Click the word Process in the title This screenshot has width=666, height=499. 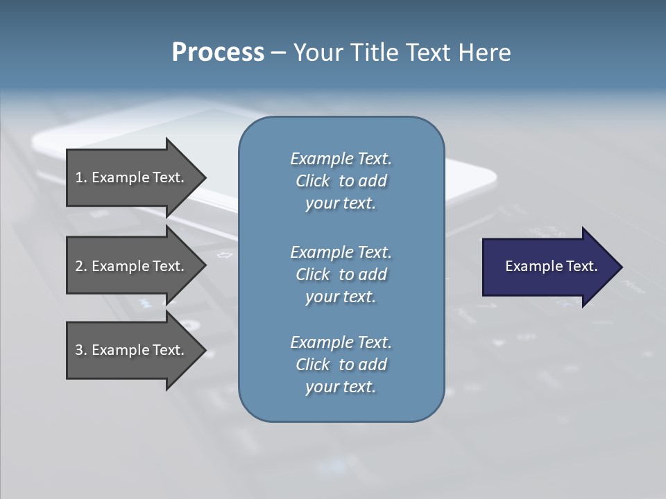pyautogui.click(x=218, y=53)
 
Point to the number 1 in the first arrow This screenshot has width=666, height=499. pyautogui.click(x=79, y=177)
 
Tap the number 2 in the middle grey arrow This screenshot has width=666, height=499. pyautogui.click(x=79, y=266)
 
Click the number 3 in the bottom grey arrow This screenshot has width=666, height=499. pyautogui.click(x=79, y=350)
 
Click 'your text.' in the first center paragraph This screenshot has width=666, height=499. pyautogui.click(x=341, y=204)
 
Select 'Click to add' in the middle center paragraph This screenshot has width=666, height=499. pyautogui.click(x=341, y=274)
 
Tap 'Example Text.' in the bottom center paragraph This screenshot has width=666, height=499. pyautogui.click(x=341, y=342)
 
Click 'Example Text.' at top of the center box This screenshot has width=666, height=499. pyautogui.click(x=341, y=159)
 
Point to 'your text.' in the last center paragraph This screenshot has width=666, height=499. pyautogui.click(x=341, y=387)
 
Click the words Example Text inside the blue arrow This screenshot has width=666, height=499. pyautogui.click(x=551, y=266)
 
